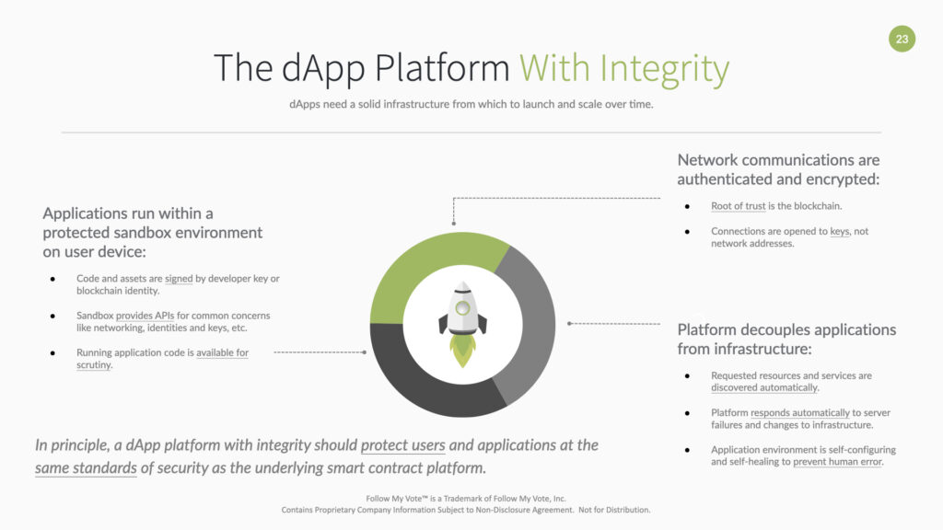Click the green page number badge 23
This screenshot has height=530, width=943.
pyautogui.click(x=902, y=39)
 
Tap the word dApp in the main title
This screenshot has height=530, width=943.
pyautogui.click(x=323, y=69)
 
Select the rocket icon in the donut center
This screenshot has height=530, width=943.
pyautogui.click(x=462, y=324)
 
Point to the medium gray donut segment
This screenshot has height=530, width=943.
pyautogui.click(x=532, y=325)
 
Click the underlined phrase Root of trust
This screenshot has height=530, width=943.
pyautogui.click(x=738, y=206)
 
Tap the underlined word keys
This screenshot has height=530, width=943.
pyautogui.click(x=840, y=231)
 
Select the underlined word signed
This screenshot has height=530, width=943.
pyautogui.click(x=179, y=279)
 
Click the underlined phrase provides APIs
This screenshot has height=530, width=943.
pyautogui.click(x=145, y=316)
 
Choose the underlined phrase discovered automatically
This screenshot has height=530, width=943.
pyautogui.click(x=763, y=387)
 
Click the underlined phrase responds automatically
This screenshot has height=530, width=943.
pyautogui.click(x=800, y=413)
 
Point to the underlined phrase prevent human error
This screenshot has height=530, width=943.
pyautogui.click(x=837, y=462)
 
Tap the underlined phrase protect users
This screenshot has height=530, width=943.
pyautogui.click(x=403, y=445)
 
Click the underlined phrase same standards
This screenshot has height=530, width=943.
pyautogui.click(x=86, y=468)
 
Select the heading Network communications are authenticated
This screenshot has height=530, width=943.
pyautogui.click(x=778, y=169)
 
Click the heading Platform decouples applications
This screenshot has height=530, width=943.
pyautogui.click(x=786, y=339)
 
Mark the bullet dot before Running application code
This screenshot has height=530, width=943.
pyautogui.click(x=53, y=353)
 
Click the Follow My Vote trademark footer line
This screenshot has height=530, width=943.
pyautogui.click(x=466, y=498)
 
